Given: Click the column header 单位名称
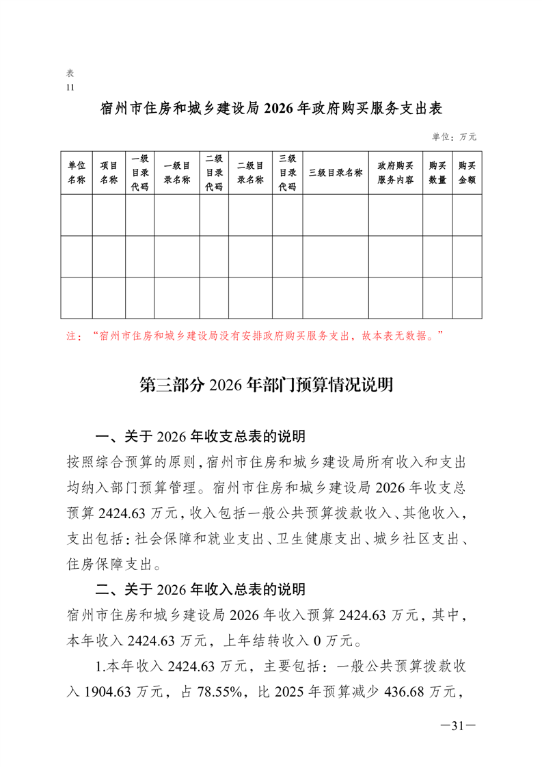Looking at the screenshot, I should (77, 173).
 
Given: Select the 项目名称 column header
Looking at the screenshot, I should (109, 173).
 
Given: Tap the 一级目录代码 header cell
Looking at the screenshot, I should (139, 173).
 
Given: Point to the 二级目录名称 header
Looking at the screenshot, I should (250, 173).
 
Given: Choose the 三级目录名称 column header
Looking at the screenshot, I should (335, 172).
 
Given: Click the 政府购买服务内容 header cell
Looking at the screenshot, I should (395, 173).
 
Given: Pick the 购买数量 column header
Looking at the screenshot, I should (437, 173).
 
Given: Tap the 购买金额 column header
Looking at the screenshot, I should (467, 173).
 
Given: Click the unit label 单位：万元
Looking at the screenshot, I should (454, 137).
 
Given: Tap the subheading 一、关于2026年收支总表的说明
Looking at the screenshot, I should (200, 436).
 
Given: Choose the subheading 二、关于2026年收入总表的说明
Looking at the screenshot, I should (200, 589).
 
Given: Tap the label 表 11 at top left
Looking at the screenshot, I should (70, 80).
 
